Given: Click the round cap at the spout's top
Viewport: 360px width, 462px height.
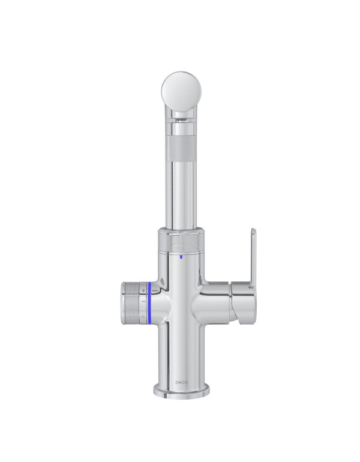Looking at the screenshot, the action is [x=181, y=91].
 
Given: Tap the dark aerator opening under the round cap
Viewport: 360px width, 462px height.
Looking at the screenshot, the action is [x=181, y=120].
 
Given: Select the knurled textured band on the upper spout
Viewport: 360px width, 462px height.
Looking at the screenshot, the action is [x=181, y=148].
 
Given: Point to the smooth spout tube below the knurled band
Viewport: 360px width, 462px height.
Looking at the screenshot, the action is [x=181, y=194].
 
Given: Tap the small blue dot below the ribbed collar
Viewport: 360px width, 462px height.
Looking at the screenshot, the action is [x=181, y=257].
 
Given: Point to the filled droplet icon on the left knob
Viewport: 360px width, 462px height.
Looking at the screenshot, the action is [x=143, y=290].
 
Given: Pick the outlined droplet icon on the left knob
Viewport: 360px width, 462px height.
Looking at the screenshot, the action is [x=143, y=316].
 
